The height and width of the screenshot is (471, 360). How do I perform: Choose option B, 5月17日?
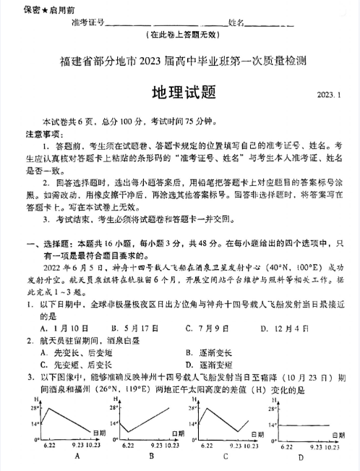pos(140,326)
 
